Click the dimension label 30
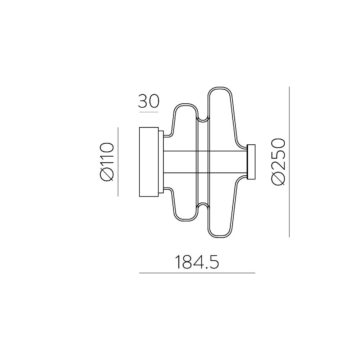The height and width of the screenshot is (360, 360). coord(149,102)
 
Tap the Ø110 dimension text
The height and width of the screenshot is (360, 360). coord(107,162)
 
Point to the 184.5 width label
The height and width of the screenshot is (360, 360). coord(197,262)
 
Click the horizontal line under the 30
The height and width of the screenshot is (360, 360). coord(149,112)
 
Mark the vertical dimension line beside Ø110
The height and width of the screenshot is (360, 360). coord(118,162)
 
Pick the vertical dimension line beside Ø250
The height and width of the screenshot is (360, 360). coord(289,162)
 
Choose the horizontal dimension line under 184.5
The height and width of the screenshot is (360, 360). coord(197,273)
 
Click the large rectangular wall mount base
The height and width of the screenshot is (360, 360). coord(149,162)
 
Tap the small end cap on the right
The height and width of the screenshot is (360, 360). coord(251,162)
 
